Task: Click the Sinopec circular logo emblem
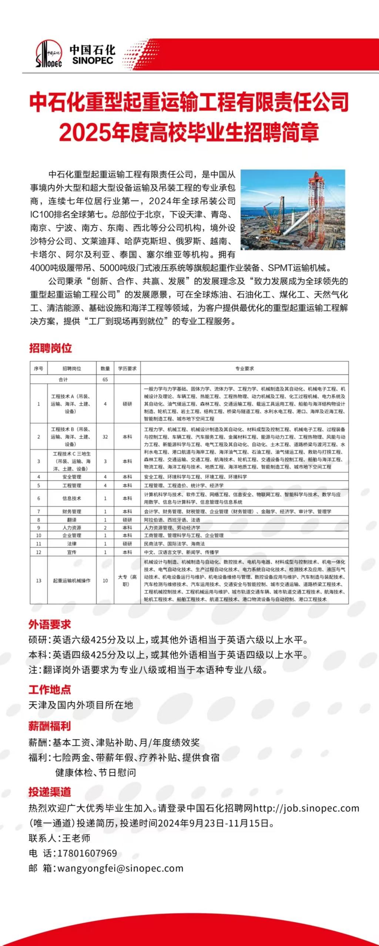48,54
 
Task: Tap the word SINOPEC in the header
93,60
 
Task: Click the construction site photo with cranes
292,210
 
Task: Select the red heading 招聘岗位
50,348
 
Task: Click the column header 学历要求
127,369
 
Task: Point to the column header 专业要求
244,369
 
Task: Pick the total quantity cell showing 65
105,380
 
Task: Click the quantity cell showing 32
105,437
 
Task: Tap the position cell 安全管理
72,477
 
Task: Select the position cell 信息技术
72,498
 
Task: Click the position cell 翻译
72,520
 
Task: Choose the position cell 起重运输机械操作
72,580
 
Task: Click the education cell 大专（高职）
127,580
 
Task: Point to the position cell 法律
72,544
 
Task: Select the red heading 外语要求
50,624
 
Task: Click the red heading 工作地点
50,689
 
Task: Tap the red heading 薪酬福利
50,726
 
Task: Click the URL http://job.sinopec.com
306,808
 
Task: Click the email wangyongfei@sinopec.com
120,868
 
